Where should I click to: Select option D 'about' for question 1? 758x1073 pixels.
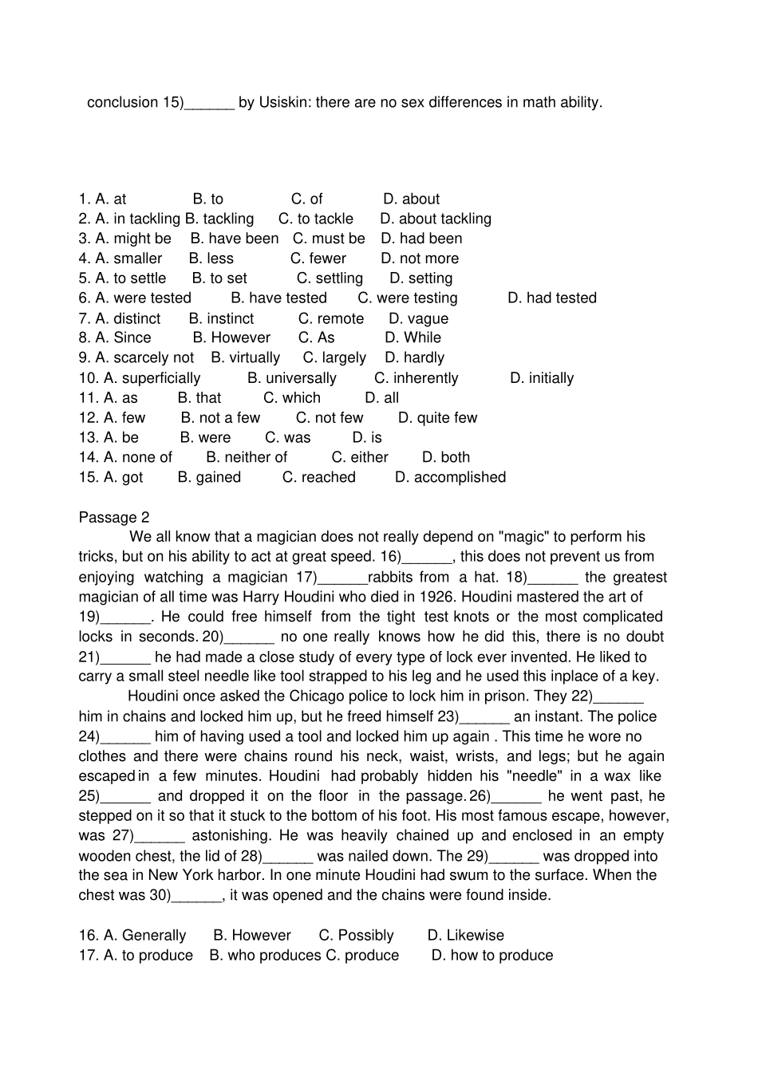coord(411,199)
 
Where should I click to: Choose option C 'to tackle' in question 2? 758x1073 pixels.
coord(315,219)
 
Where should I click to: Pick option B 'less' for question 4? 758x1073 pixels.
coord(211,258)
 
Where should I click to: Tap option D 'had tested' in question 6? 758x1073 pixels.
coord(551,298)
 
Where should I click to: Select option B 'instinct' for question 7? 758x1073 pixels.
coord(221,318)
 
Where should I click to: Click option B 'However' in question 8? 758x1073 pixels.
coord(231,337)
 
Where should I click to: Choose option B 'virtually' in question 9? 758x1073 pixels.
coord(246,357)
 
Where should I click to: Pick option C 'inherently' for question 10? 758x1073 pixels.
coord(416,378)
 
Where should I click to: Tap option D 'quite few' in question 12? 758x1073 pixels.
coord(437,417)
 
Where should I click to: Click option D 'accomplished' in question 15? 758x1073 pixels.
coord(450,477)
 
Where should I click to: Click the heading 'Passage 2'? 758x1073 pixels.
coord(114,517)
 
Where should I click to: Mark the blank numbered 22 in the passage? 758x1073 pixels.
coord(618,696)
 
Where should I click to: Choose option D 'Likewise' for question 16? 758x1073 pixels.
coord(465,935)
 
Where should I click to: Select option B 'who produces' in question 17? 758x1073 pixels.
coord(265,955)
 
